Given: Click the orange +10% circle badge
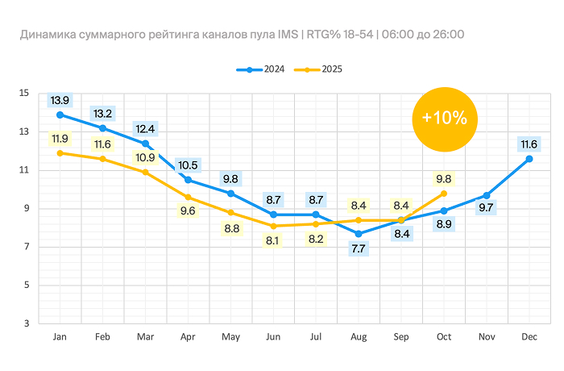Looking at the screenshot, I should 444,118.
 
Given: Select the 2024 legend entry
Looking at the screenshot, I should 259,70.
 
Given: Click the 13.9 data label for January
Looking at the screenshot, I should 60,101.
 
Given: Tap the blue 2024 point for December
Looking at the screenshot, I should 529,159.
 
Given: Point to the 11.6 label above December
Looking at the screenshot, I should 529,144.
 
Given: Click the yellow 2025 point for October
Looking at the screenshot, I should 444,194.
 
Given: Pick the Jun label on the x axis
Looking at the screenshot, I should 273,336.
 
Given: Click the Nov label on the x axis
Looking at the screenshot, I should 487,336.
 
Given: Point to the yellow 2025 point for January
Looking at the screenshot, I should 60,153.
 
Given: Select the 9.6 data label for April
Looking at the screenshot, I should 188,212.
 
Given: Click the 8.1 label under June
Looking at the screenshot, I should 273,240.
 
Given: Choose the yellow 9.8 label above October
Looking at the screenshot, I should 444,179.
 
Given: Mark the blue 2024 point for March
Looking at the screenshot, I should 145,144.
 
